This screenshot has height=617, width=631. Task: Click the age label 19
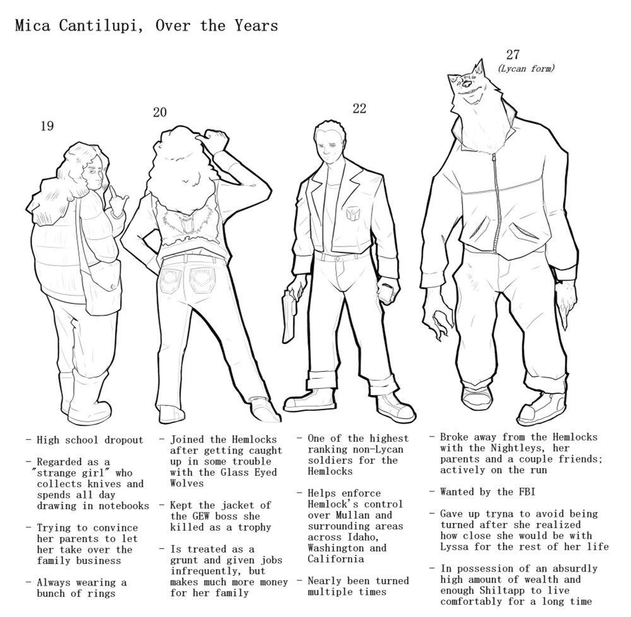(x=47, y=126)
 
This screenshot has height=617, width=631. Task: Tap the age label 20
(x=160, y=112)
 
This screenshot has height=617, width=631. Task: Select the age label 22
(x=359, y=108)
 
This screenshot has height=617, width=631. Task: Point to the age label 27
(x=513, y=54)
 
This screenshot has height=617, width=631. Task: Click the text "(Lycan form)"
(x=526, y=68)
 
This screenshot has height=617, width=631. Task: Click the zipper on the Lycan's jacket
(x=493, y=202)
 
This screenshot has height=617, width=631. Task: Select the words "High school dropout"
(x=90, y=440)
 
